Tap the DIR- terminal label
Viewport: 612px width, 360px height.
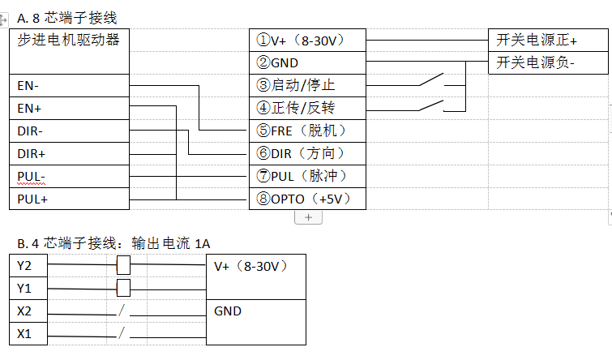coord(32,131)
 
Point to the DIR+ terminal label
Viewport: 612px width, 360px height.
coord(32,153)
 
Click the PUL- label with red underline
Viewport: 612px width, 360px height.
coord(32,176)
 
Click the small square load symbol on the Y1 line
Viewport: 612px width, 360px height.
coord(123,287)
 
